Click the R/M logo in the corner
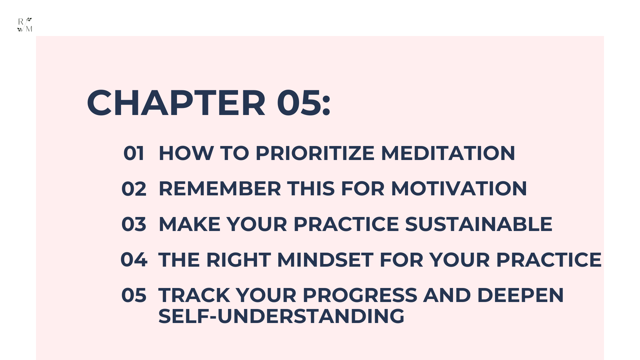[25, 25]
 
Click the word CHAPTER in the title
[176, 103]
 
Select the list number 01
[134, 153]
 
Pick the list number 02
[134, 189]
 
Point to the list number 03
[134, 224]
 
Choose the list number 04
[134, 260]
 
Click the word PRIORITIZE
[315, 153]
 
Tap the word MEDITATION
[448, 153]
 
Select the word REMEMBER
[220, 189]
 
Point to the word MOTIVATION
[459, 189]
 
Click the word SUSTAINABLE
[479, 224]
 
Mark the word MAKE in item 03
[189, 224]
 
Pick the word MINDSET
[325, 260]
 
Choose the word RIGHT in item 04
[238, 260]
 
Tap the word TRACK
[194, 295]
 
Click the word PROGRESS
[360, 295]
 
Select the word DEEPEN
[520, 295]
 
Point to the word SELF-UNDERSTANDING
[281, 316]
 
